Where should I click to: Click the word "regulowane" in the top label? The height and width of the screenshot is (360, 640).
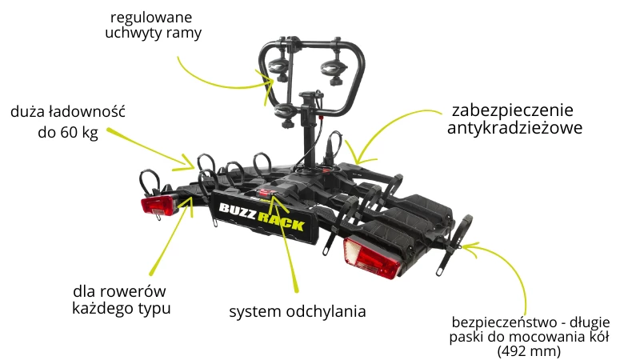coord(151,18)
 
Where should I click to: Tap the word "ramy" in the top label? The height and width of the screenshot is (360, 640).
coord(185,34)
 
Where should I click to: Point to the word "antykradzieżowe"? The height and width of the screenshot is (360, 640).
coord(514,128)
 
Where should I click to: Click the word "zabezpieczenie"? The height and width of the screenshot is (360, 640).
coord(513,110)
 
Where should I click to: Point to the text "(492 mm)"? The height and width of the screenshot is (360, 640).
coord(529,351)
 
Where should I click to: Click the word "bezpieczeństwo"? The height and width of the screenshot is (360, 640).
coord(504,322)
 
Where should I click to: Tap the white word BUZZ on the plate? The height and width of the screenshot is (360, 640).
coord(238,211)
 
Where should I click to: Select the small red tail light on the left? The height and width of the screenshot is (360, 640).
coord(159,206)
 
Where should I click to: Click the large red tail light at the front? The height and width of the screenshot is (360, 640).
coord(372,258)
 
